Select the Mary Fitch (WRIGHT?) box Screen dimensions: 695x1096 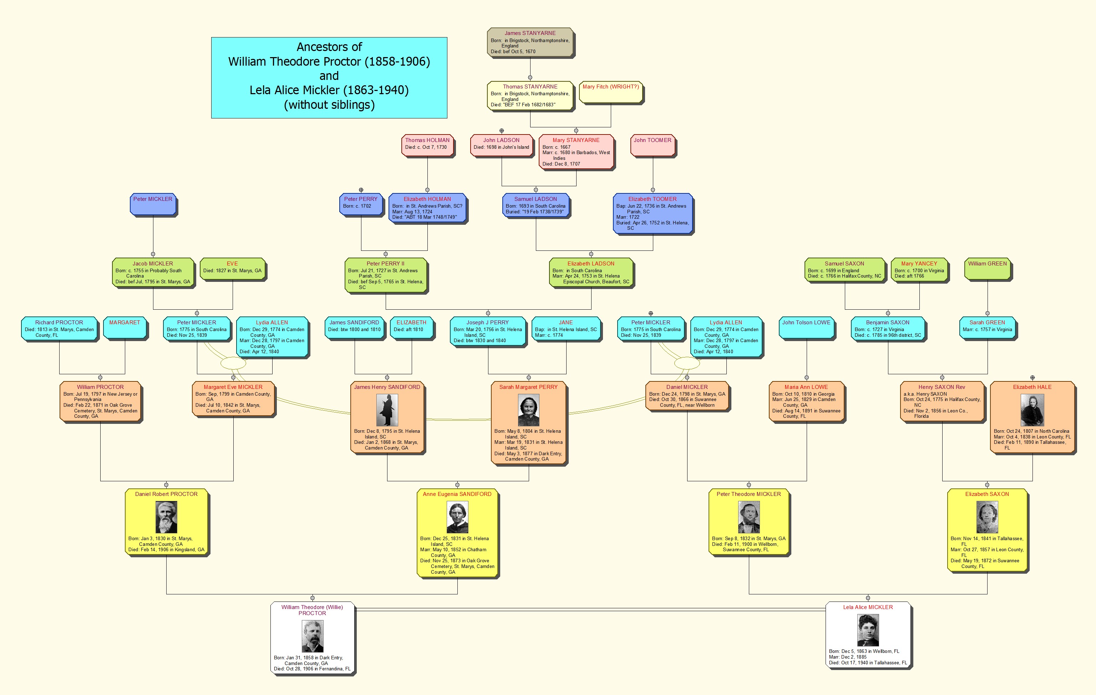[610, 92]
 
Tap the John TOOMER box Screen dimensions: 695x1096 [652, 145]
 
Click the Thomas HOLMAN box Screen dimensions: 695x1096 [427, 145]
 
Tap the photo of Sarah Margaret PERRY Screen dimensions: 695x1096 [528, 410]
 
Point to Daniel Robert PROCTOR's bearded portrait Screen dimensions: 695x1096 [166, 517]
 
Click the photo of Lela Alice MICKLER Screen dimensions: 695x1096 [868, 630]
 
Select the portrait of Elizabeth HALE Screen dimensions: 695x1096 [1032, 410]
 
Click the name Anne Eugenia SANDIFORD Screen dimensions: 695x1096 [457, 494]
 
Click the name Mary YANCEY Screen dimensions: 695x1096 [919, 264]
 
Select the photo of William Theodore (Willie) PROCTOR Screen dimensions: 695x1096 [312, 636]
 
